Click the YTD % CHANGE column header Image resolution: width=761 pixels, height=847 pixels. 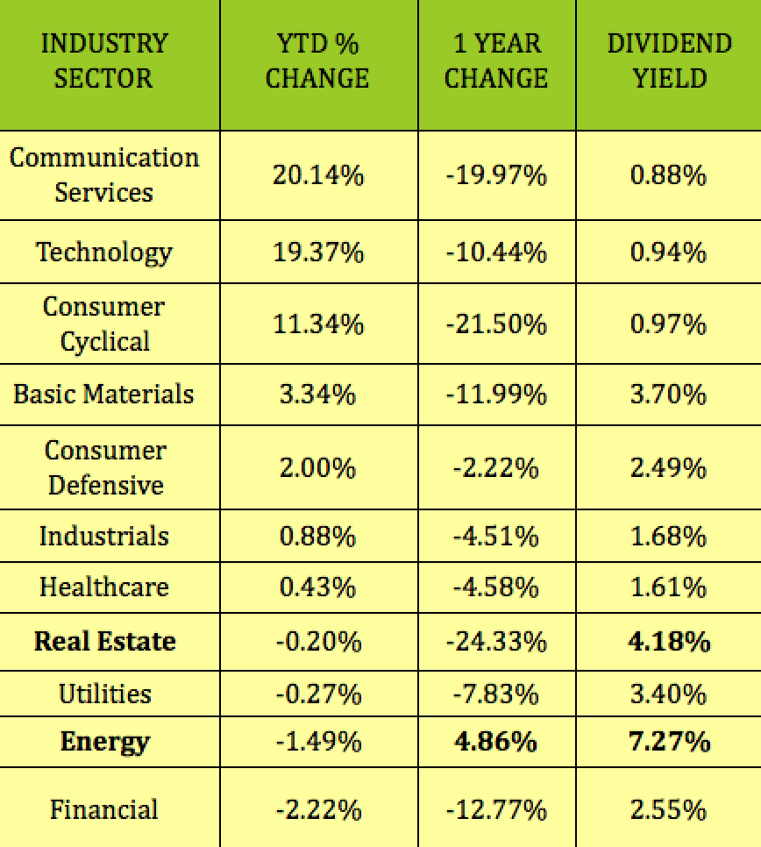tap(317, 61)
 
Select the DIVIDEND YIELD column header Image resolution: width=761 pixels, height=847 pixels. tap(669, 61)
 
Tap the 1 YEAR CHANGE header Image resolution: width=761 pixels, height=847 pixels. tap(496, 61)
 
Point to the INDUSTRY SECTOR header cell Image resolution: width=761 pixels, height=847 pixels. tap(104, 61)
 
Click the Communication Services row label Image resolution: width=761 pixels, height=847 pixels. tap(104, 175)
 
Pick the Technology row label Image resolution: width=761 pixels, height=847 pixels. tap(104, 253)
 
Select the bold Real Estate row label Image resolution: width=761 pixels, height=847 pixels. tap(104, 641)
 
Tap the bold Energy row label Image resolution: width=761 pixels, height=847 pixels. tap(104, 742)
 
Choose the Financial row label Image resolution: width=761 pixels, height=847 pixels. tap(104, 809)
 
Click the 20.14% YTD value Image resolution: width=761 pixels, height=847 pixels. tap(317, 175)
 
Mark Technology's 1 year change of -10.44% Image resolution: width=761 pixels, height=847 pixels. tap(496, 253)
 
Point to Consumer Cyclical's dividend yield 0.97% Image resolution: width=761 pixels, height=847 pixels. tap(668, 324)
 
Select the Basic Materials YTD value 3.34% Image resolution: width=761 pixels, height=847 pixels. tap(317, 394)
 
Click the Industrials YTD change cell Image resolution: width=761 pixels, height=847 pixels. tap(317, 536)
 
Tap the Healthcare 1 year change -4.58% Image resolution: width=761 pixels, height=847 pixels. tap(496, 587)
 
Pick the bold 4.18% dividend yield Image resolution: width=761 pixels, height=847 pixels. tap(668, 641)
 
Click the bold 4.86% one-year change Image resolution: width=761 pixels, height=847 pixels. tap(496, 742)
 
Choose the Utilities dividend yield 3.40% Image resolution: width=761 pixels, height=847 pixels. tap(668, 694)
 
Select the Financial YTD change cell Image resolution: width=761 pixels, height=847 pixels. tap(317, 809)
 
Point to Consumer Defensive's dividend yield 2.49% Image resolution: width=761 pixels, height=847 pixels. tap(668, 467)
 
